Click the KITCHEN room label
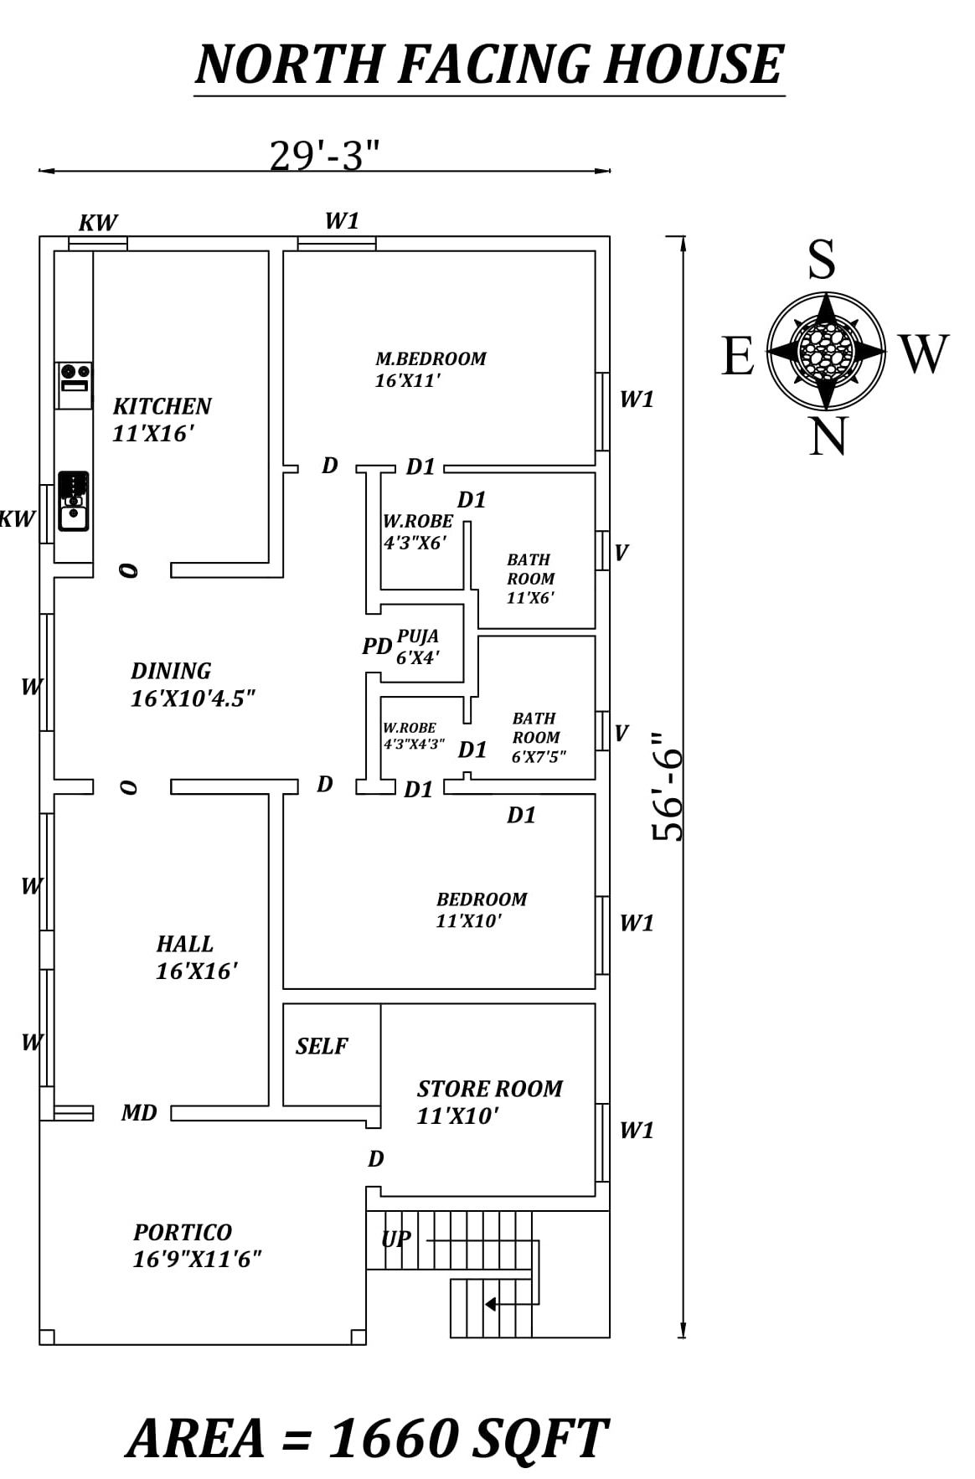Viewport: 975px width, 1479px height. [162, 407]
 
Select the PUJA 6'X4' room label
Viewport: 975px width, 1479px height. [417, 647]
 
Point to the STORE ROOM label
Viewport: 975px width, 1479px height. [489, 1089]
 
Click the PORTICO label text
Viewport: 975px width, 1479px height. [182, 1233]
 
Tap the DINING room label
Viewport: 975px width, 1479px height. [171, 672]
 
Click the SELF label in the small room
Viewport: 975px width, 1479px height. [322, 1046]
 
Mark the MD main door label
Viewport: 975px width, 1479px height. [139, 1113]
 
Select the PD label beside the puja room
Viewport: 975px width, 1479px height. [377, 647]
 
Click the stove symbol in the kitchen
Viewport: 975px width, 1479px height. [75, 378]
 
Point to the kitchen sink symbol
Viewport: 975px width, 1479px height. [74, 501]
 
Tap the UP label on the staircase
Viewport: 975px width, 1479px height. [395, 1239]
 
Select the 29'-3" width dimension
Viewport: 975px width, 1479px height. [324, 155]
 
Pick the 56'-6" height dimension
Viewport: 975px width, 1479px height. [668, 786]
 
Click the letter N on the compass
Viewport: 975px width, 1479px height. [828, 437]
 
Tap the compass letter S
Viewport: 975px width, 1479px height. [821, 260]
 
